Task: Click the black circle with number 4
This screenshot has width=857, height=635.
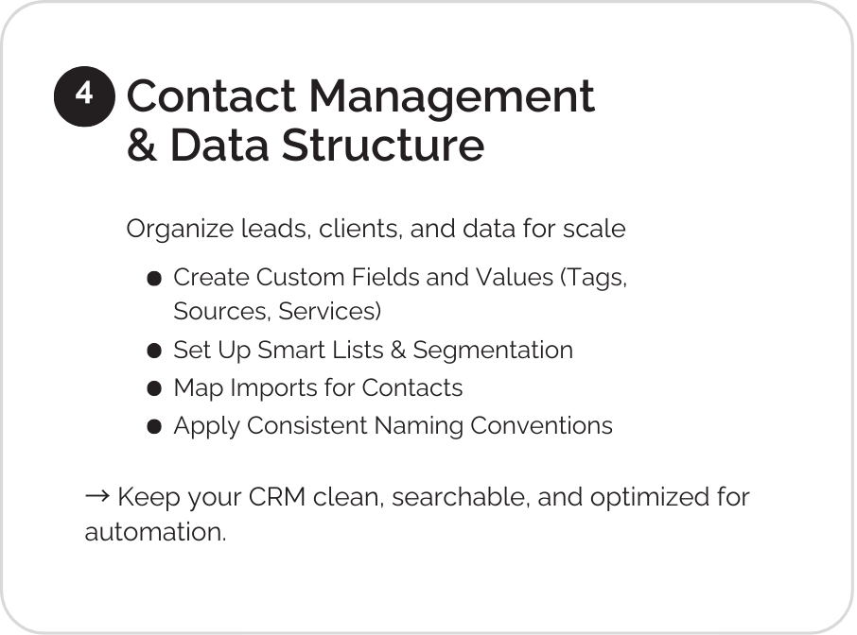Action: [85, 96]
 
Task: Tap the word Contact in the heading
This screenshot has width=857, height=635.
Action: [212, 96]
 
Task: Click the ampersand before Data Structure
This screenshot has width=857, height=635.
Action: [142, 145]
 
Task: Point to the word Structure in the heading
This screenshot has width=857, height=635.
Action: [383, 146]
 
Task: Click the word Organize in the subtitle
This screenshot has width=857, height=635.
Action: [181, 230]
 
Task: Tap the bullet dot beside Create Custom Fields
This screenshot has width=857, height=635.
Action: [154, 279]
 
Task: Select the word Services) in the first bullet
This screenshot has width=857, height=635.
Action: [329, 311]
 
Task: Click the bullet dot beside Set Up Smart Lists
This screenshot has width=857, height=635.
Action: [154, 351]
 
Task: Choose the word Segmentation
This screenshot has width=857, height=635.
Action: [493, 351]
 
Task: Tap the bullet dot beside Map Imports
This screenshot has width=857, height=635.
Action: [154, 388]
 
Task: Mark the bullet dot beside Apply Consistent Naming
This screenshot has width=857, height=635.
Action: [154, 426]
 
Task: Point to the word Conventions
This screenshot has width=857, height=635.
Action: [542, 425]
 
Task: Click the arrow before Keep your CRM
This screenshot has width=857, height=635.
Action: [97, 496]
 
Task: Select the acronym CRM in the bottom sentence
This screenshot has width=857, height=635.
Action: [276, 497]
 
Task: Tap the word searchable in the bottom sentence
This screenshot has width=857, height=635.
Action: [461, 497]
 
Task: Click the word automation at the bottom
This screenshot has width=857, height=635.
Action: [156, 532]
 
